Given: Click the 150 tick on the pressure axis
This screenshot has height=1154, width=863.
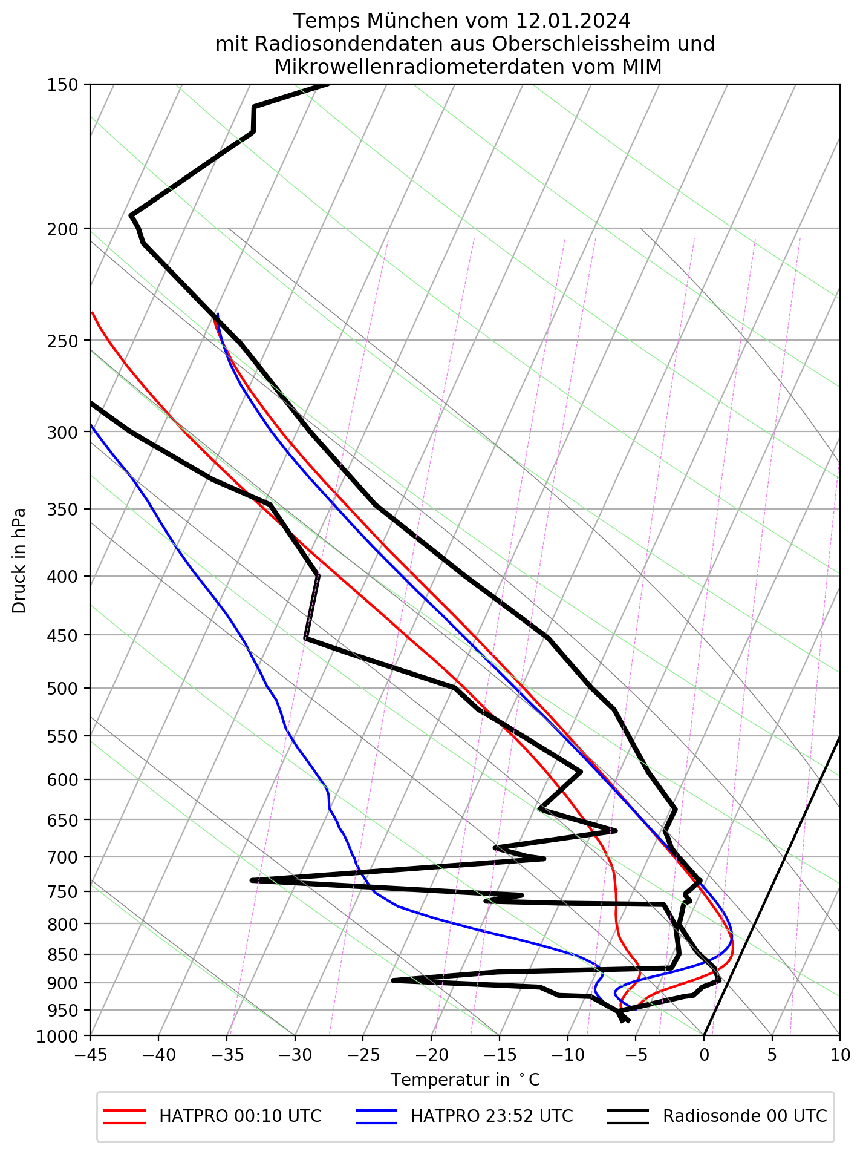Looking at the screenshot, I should pos(62,85).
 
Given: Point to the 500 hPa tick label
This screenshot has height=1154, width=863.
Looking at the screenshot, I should pos(62,689).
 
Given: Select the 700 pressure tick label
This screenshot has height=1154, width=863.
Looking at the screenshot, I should pos(62,857).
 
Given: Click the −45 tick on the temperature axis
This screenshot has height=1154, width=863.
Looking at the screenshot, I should pos(90,1055).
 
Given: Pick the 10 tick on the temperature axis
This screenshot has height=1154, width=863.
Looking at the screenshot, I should pos(839,1055).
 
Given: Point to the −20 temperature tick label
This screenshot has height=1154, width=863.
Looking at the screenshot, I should pos(431,1055).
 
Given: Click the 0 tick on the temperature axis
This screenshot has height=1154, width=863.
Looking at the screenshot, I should pos(703,1055).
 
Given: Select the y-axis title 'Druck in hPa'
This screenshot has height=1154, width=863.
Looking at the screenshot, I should pos(19,560).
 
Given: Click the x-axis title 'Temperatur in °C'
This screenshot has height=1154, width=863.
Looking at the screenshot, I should pos(464,1080).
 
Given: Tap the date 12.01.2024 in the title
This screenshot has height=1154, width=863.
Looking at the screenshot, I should pos(573,21).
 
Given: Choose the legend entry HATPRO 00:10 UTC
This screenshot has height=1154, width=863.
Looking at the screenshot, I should pos(240,1116).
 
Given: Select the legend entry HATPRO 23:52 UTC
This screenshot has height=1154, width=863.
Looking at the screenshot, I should pos(492,1116).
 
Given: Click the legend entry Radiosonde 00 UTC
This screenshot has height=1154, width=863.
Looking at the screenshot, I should pos(744,1116).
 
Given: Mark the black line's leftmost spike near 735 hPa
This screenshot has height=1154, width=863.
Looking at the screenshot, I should pos(252,880).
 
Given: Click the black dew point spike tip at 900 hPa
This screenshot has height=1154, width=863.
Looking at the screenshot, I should pos(393,980).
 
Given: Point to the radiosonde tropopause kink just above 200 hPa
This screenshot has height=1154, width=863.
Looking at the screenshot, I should pos(131,215).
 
